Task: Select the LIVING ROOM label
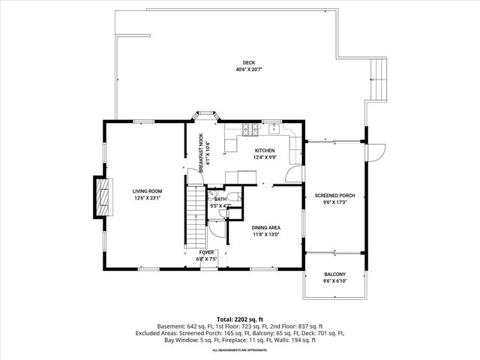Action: tap(148, 191)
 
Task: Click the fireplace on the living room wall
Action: tap(99, 196)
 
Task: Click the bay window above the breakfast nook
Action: tap(204, 115)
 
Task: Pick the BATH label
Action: tap(220, 199)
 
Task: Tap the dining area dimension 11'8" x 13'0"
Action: tap(265, 235)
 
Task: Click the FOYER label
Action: tap(205, 253)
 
